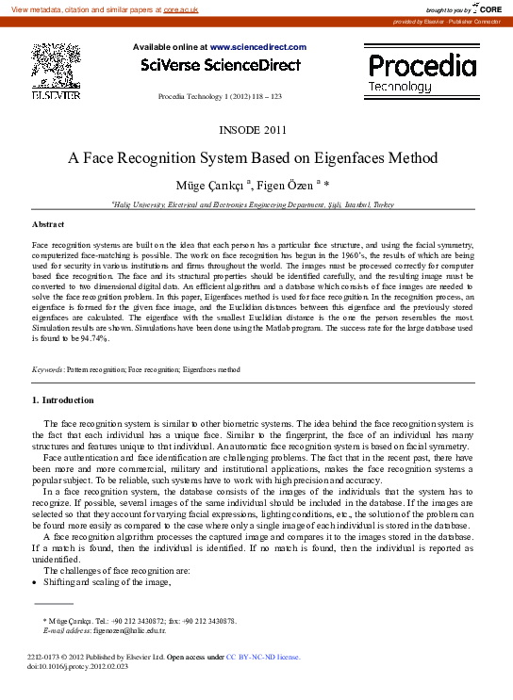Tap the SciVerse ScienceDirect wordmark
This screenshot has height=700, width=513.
click(x=221, y=65)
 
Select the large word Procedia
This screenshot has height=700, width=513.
click(x=422, y=65)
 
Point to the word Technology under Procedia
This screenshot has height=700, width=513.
click(x=400, y=86)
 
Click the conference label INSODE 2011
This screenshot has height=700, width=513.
click(x=256, y=128)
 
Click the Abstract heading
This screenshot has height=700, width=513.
click(x=48, y=224)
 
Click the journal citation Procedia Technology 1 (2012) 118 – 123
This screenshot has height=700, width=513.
click(x=219, y=98)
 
